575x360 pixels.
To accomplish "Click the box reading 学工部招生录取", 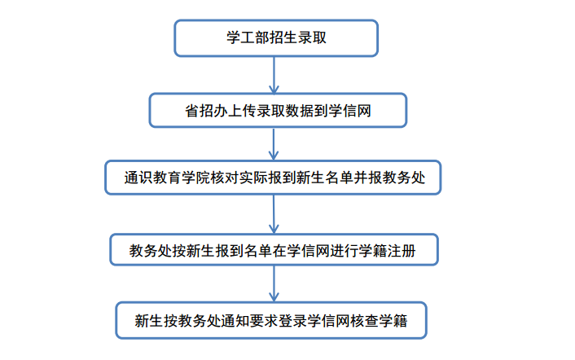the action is (x=276, y=38).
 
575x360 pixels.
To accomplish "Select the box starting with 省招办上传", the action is (x=278, y=110).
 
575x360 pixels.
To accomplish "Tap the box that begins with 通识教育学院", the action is (x=273, y=178).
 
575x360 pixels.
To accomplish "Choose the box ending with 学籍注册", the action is (x=274, y=250).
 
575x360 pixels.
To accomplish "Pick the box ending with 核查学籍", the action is (x=271, y=320).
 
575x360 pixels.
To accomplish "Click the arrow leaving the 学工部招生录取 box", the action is (x=274, y=75).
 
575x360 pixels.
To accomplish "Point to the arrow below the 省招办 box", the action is (x=274, y=144).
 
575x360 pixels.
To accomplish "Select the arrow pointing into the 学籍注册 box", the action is (x=274, y=214).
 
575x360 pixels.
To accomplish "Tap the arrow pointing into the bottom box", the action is (x=274, y=283).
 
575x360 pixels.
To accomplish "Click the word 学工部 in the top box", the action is (x=248, y=37).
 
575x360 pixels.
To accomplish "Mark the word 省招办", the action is (x=206, y=111).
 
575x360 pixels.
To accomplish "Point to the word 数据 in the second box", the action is (x=300, y=111).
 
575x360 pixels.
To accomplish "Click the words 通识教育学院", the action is (x=167, y=178).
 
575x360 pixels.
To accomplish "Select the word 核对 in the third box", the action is (x=225, y=178).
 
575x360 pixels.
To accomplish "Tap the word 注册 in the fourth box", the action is (x=402, y=251).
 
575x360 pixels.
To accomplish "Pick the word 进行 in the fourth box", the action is (x=345, y=251).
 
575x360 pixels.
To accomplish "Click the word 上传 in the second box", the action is (x=242, y=111).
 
